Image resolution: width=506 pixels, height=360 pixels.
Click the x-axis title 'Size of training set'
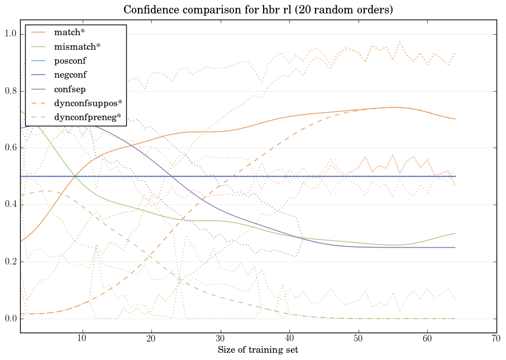pyautogui.click(x=257, y=350)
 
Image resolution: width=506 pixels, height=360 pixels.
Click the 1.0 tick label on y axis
pyautogui.click(x=11, y=34)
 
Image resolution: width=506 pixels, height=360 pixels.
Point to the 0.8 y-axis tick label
pyautogui.click(x=11, y=91)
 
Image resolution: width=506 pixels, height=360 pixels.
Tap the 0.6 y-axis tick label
pyautogui.click(x=11, y=148)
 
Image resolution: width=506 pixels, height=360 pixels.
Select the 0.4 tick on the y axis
pyautogui.click(x=11, y=205)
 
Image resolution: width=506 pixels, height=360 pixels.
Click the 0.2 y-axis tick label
pyautogui.click(x=11, y=262)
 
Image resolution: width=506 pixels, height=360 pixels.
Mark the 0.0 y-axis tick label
pyautogui.click(x=11, y=319)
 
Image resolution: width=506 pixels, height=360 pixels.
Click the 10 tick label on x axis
pyautogui.click(x=82, y=339)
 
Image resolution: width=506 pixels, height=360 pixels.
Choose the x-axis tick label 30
pyautogui.click(x=221, y=339)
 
